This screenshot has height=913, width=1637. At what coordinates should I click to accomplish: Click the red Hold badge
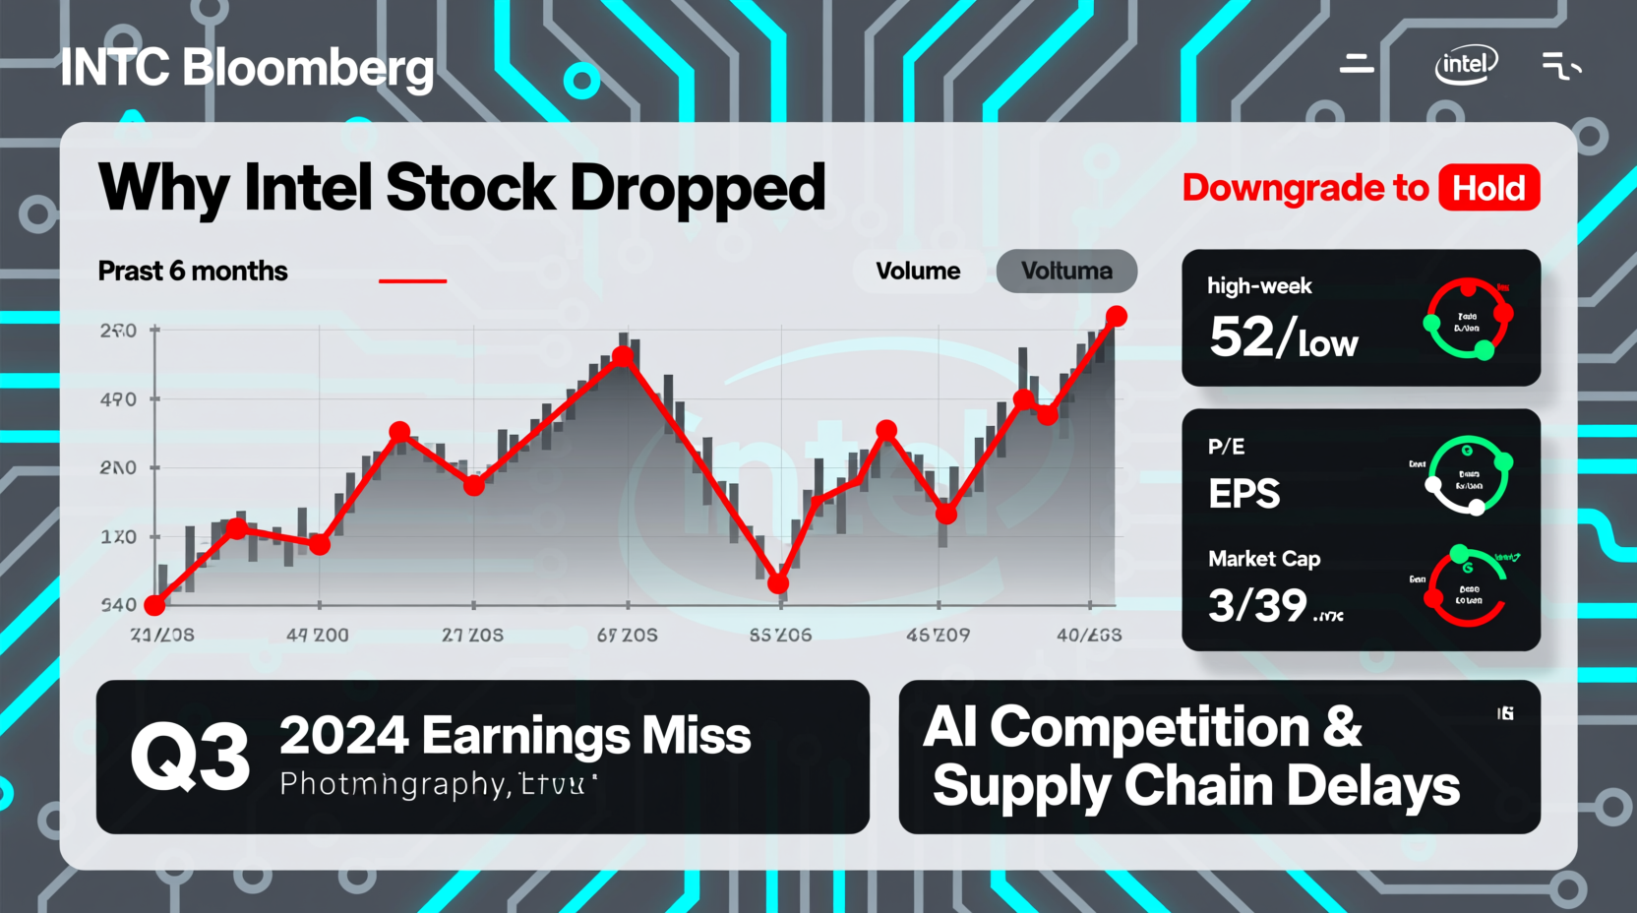[1488, 188]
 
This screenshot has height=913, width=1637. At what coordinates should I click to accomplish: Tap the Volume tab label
[918, 271]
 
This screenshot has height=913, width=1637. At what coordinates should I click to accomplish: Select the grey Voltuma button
[1066, 271]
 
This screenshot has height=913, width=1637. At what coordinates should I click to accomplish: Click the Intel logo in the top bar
[1465, 65]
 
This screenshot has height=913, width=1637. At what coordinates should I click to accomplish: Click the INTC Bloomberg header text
[247, 68]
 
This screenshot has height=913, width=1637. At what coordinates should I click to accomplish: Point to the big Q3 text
[191, 757]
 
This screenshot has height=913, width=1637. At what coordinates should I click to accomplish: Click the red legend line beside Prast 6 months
[413, 280]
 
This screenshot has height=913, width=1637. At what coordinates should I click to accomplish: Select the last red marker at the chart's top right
[1116, 316]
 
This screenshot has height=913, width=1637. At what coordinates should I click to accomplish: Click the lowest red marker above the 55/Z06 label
[778, 583]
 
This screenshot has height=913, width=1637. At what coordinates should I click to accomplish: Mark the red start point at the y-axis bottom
[154, 604]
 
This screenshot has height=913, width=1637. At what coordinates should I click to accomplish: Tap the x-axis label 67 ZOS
[627, 636]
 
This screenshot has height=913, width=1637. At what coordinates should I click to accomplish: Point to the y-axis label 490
[118, 399]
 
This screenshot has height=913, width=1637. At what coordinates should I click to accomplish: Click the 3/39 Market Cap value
[1258, 605]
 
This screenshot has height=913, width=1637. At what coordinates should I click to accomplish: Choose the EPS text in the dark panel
[1244, 494]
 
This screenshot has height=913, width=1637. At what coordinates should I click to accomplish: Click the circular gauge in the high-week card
[1468, 319]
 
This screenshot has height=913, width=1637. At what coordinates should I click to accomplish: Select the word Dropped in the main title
[697, 188]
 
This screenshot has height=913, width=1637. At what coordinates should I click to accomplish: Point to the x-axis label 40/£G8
[1088, 636]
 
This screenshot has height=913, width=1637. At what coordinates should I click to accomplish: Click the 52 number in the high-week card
[1242, 337]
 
